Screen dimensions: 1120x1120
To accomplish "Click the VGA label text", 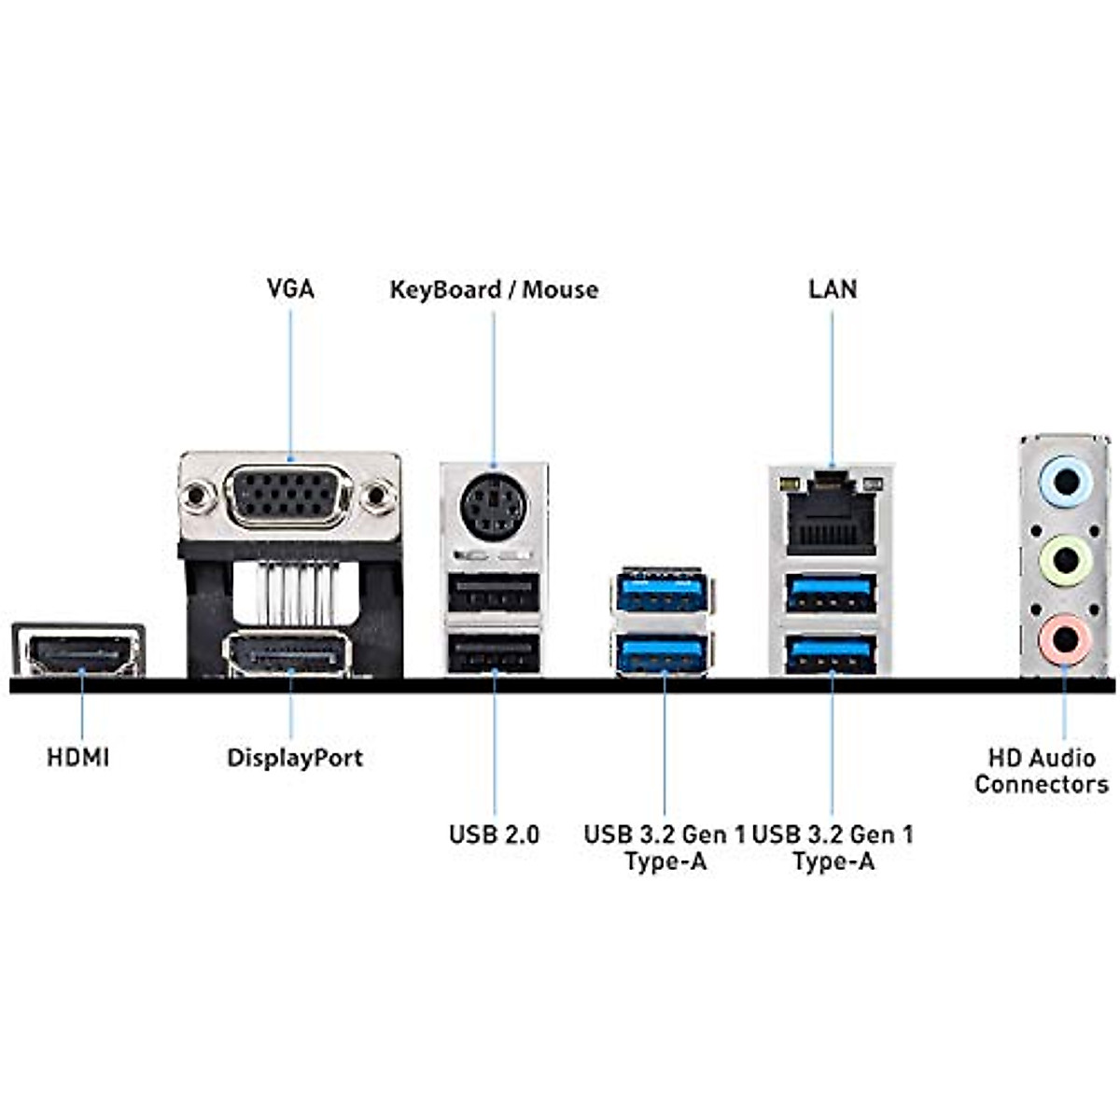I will [x=290, y=288].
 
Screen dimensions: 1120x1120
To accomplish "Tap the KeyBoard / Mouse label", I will [x=494, y=289].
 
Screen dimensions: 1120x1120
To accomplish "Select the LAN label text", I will [x=833, y=288].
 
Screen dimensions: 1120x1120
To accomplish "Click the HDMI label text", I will [x=78, y=757].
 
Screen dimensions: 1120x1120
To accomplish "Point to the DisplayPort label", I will [x=295, y=757].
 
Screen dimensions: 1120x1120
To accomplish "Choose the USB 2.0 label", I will [x=494, y=833].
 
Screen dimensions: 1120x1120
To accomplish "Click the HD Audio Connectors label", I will [x=1042, y=770].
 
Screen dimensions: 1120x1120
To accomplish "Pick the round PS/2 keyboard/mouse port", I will [x=488, y=507].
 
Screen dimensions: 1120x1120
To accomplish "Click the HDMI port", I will [x=78, y=652].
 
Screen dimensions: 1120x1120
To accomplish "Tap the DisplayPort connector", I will [x=287, y=654].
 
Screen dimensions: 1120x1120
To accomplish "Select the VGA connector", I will [x=288, y=496].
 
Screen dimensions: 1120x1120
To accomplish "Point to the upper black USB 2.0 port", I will [x=494, y=592].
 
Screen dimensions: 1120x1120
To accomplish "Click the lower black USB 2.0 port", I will [x=494, y=652].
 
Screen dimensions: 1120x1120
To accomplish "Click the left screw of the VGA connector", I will [x=197, y=496].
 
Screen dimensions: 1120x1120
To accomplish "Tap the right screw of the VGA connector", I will [x=379, y=496].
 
